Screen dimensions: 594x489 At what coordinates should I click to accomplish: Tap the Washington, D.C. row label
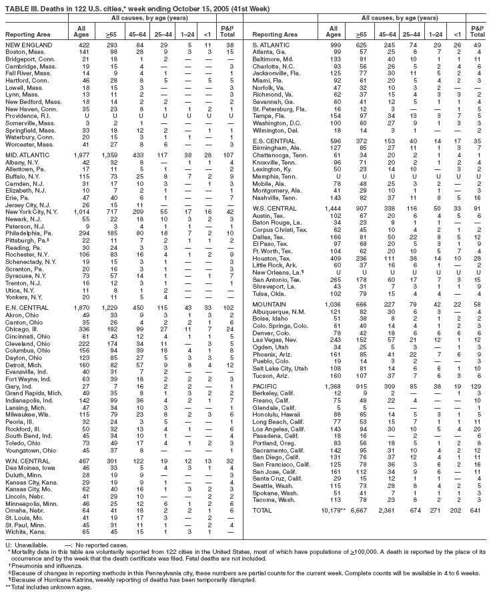tap(281, 124)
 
